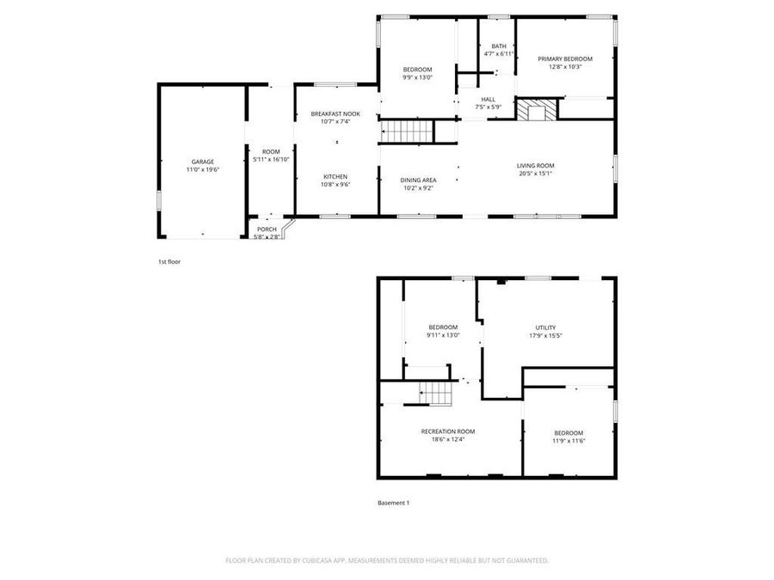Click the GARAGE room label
click(203, 162)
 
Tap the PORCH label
click(267, 229)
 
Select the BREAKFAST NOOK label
click(335, 113)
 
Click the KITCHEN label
click(335, 176)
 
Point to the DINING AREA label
click(418, 180)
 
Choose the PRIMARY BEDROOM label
click(565, 58)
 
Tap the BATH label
click(499, 46)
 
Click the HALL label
click(488, 99)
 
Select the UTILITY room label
click(545, 327)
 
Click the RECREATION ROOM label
click(447, 431)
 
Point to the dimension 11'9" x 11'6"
click(568, 441)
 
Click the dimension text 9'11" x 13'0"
click(443, 335)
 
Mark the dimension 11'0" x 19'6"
click(203, 170)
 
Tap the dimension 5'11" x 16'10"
click(271, 159)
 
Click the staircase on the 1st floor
click(406, 131)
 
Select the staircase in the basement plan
click(436, 394)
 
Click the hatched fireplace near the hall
click(536, 110)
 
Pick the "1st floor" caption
click(169, 261)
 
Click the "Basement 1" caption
click(394, 503)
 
